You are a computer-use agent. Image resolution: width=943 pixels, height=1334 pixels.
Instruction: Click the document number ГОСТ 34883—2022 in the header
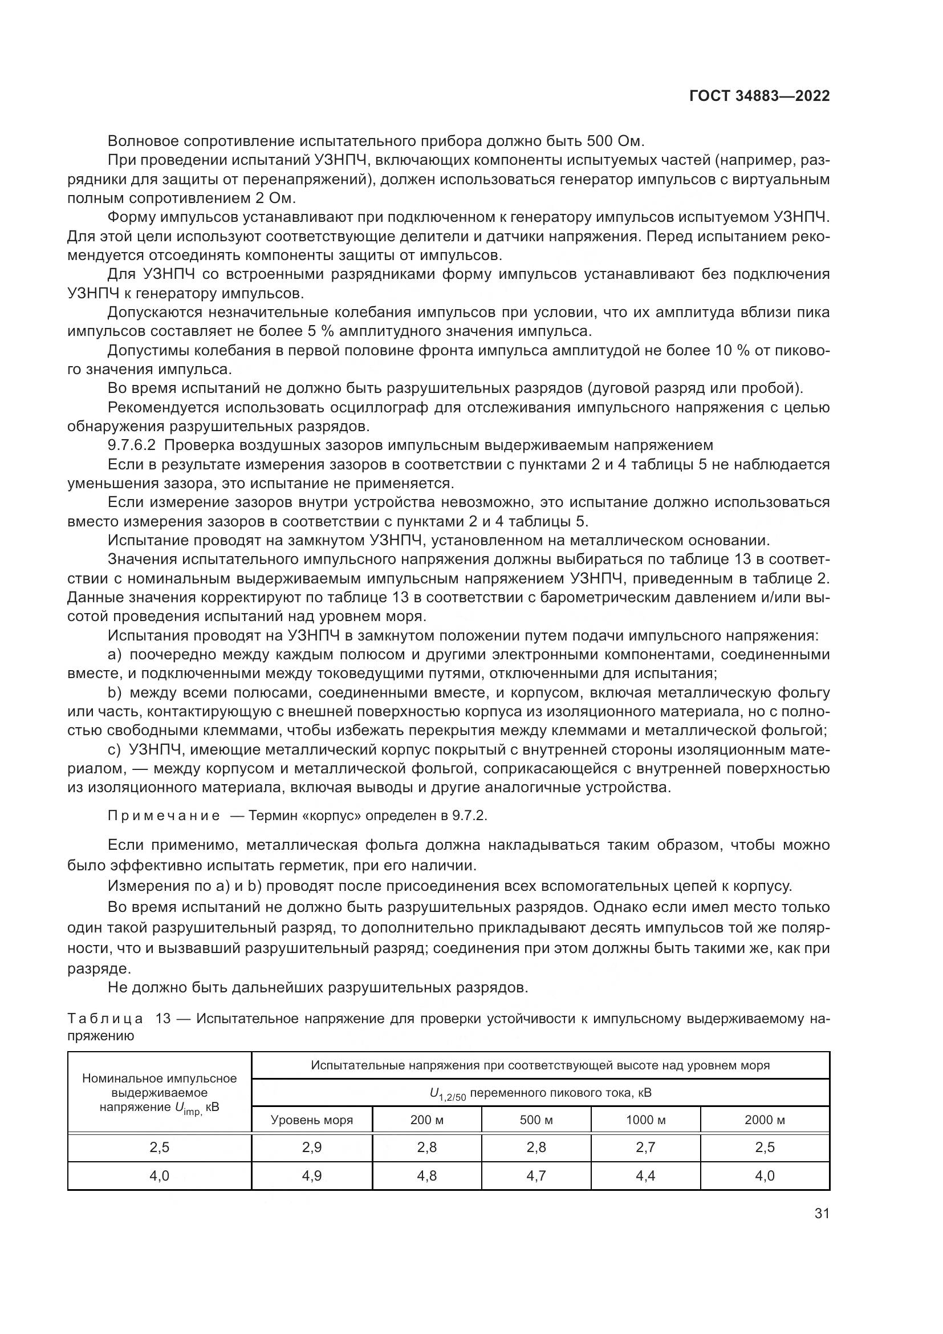click(759, 96)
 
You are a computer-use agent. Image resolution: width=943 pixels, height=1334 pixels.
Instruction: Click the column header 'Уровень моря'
click(312, 1120)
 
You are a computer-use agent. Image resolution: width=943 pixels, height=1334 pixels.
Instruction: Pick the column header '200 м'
click(427, 1120)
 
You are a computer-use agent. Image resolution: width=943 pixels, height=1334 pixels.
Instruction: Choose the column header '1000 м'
click(645, 1120)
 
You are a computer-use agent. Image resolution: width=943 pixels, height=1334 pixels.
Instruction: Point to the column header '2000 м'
click(765, 1120)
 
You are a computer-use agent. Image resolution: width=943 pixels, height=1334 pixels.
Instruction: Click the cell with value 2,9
click(312, 1147)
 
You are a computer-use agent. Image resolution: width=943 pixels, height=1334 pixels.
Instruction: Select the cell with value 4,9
click(312, 1175)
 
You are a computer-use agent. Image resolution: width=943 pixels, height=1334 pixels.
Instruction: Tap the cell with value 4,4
click(645, 1175)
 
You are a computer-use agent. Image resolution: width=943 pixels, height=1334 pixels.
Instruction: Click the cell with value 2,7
click(645, 1147)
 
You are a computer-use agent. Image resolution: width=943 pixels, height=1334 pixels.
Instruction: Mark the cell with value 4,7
click(536, 1175)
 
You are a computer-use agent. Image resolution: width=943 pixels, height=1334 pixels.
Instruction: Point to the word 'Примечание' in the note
click(164, 816)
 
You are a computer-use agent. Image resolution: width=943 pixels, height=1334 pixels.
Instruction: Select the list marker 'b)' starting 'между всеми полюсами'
click(115, 692)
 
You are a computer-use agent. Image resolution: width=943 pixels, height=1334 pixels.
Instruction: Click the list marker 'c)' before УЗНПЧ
click(115, 749)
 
